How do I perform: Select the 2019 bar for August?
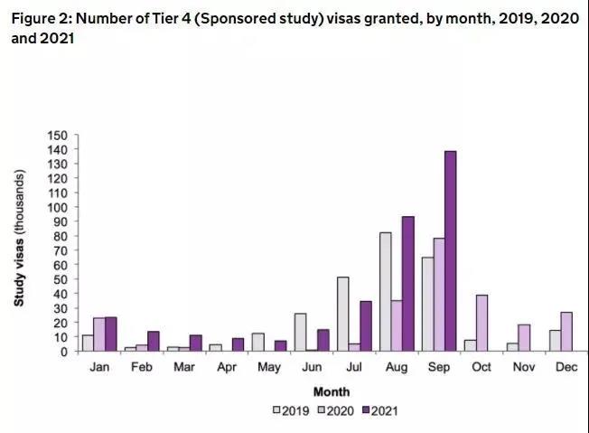coord(386,292)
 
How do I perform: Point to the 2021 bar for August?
coord(408,284)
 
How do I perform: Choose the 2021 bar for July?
coord(365,326)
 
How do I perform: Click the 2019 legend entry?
coord(291,410)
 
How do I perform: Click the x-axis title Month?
coord(331,392)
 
